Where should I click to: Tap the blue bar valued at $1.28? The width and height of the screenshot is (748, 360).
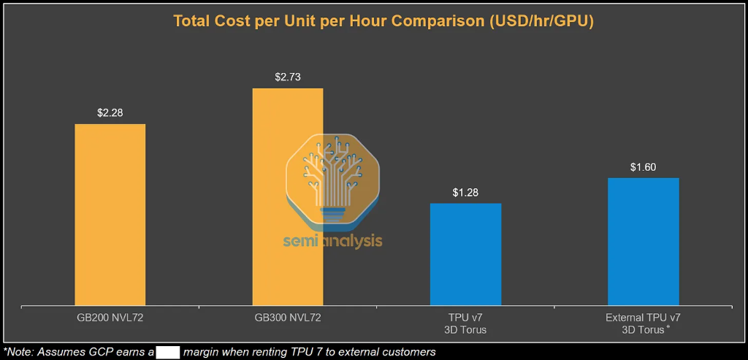point(465,253)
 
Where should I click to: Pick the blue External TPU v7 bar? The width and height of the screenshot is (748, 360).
point(643,241)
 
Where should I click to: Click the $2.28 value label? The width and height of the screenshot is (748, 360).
point(110,112)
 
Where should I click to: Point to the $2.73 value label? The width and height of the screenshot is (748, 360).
point(288,77)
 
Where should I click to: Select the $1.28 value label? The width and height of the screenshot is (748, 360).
point(465,192)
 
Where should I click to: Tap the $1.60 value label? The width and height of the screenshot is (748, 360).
point(643,166)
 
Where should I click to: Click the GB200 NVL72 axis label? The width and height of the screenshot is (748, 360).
point(110,318)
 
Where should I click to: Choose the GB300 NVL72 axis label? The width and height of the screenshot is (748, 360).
point(288,318)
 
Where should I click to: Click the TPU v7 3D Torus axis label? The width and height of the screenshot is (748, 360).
point(465,323)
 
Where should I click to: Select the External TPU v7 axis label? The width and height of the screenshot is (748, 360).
point(643,323)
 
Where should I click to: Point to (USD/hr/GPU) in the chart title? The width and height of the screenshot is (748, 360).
point(538,21)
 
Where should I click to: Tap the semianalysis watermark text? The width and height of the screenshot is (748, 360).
point(333,240)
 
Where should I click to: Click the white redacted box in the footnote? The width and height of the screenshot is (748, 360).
point(168,352)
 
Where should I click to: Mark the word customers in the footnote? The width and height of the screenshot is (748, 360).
point(410,352)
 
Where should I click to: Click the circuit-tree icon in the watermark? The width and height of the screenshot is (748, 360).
point(332,179)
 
